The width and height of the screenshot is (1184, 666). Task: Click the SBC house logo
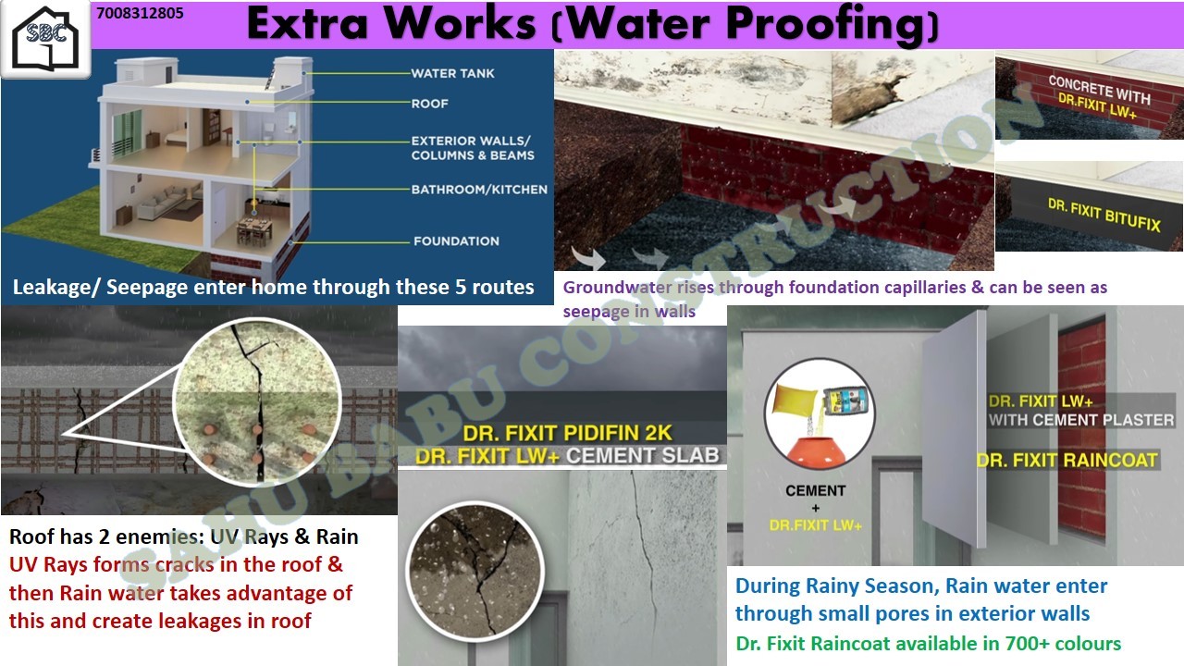tap(45, 38)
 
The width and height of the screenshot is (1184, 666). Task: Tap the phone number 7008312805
tap(140, 13)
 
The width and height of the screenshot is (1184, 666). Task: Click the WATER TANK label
tap(453, 73)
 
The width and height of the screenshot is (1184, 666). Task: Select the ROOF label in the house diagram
tap(430, 104)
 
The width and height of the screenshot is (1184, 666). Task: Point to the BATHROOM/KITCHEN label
tap(479, 190)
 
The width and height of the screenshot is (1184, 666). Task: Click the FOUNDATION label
tap(456, 241)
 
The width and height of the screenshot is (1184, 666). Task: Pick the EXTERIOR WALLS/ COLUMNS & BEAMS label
tap(473, 148)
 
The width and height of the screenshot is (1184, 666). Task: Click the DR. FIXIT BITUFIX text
tap(1104, 216)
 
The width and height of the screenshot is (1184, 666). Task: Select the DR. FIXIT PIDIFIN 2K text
tap(567, 434)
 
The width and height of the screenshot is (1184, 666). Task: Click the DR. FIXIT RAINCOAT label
tap(1067, 461)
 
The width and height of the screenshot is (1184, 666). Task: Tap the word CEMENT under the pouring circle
tap(815, 491)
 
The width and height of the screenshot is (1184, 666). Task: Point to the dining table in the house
tap(254, 229)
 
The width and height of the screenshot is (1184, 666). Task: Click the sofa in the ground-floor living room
tap(164, 201)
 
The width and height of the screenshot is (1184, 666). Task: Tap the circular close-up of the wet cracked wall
tap(475, 571)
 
